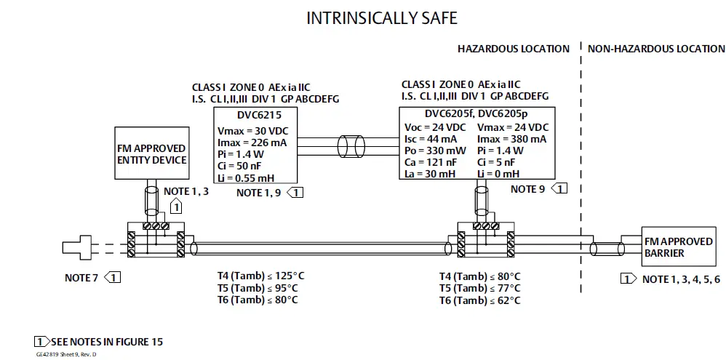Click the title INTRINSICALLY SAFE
[381, 18]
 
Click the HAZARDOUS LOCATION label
[513, 49]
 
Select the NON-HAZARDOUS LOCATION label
[656, 49]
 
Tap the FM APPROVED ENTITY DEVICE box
[152, 154]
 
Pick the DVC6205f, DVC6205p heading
[476, 113]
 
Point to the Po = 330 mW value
[435, 151]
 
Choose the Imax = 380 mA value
[512, 139]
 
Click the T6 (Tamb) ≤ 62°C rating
[479, 300]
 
